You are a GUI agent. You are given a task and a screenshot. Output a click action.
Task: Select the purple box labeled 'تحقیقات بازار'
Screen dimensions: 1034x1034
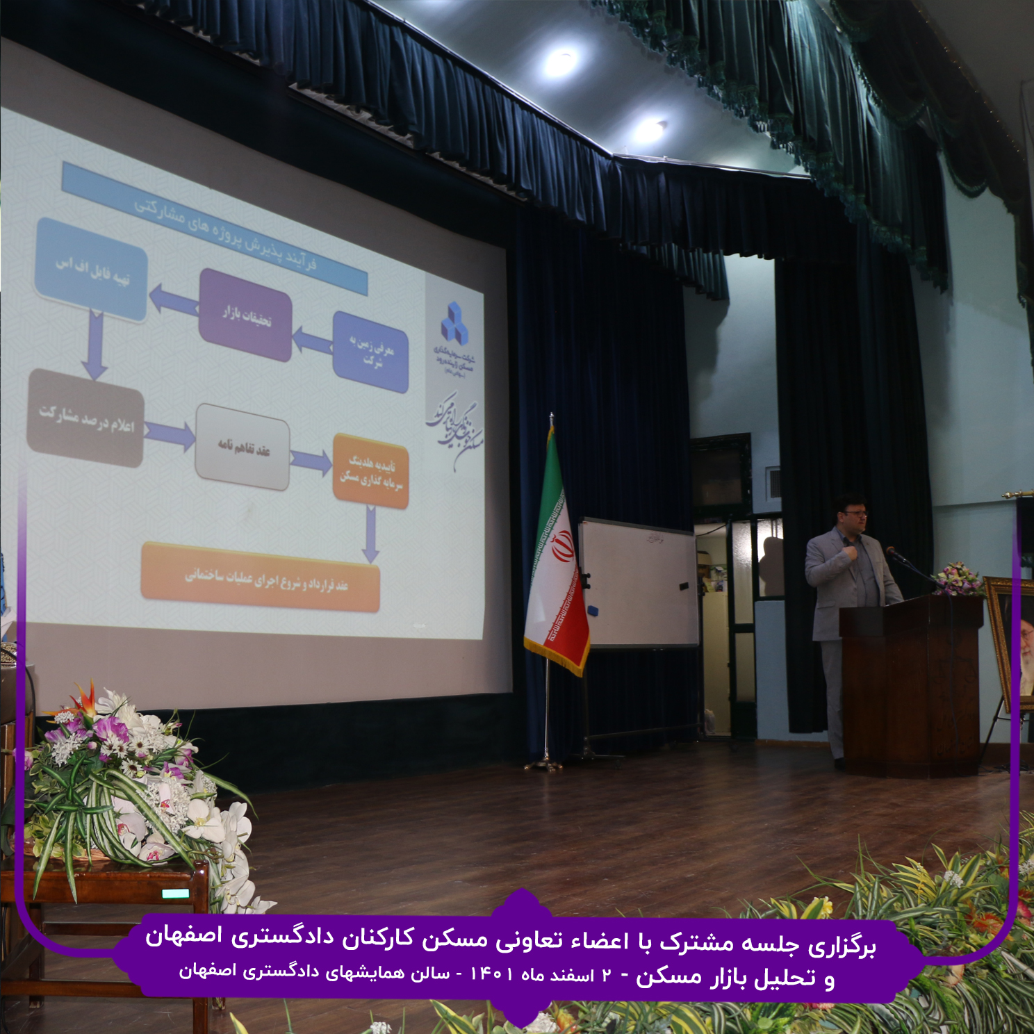point(245,315)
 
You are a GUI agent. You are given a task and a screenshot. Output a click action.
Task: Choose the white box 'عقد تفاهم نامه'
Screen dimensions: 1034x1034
point(243,447)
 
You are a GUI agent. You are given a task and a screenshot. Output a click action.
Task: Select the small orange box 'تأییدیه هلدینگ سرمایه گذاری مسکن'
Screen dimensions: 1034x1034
point(370,470)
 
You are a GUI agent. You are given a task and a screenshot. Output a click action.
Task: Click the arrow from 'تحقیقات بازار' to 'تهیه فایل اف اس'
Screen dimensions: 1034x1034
point(174,299)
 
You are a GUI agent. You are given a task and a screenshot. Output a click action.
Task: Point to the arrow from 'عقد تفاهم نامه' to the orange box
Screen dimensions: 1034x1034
point(311,461)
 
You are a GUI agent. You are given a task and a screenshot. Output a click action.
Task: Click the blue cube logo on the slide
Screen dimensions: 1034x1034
point(454,322)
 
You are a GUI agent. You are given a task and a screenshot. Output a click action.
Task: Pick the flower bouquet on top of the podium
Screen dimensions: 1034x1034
point(958,579)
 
